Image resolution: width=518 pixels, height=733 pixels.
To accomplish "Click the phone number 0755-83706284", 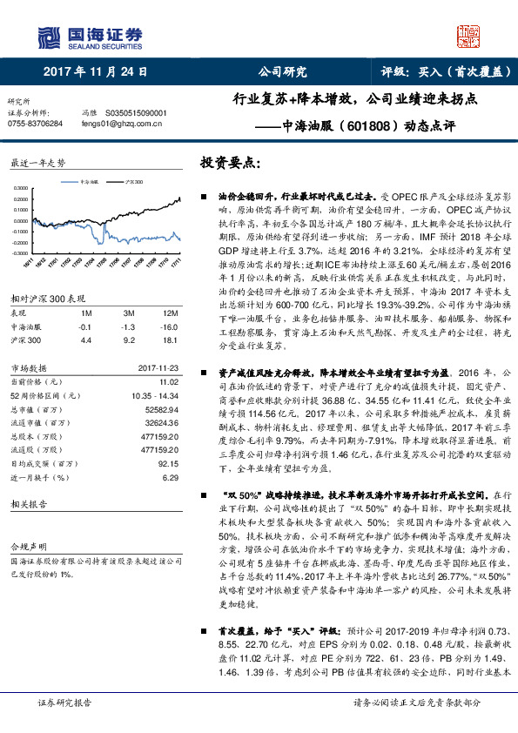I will click(35, 124).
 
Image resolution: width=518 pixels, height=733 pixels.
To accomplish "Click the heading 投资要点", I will click(229, 162).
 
